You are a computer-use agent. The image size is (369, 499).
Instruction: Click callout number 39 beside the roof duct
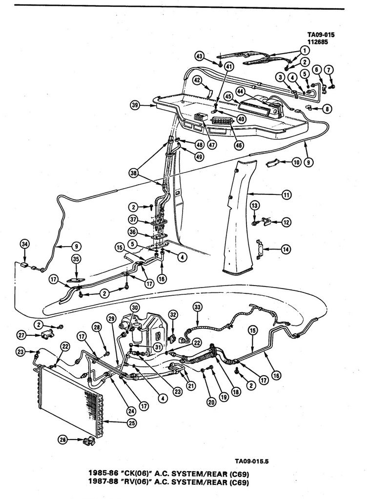(x=135, y=104)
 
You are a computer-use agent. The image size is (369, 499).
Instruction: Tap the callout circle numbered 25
(x=132, y=423)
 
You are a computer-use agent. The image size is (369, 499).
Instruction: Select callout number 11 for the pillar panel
(x=286, y=195)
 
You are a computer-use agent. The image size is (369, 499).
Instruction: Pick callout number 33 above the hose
(x=197, y=307)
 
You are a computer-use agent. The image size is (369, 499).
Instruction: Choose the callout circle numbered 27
(x=21, y=335)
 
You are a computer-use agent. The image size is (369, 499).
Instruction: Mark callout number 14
(x=286, y=249)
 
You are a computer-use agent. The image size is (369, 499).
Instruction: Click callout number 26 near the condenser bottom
(x=62, y=440)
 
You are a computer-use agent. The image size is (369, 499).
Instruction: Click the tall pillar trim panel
(x=239, y=219)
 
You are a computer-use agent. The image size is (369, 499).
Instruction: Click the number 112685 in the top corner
(x=317, y=41)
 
